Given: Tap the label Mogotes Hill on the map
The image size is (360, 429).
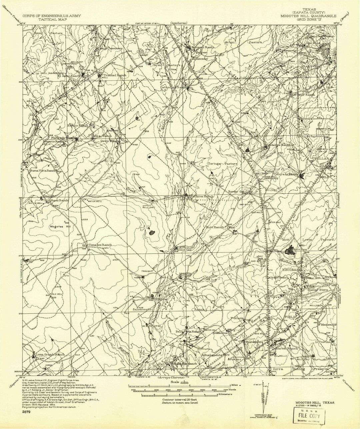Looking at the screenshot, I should tap(60, 226).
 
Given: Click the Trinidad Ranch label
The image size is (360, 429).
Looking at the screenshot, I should tap(114, 75).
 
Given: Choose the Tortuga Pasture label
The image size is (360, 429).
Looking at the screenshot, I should tap(223, 164).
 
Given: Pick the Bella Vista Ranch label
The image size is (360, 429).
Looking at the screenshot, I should tap(189, 332).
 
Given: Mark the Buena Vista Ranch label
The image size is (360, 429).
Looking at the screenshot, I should tap(42, 171).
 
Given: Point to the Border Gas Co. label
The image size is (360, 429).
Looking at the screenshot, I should tap(239, 192).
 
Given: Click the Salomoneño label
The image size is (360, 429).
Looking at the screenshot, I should tap(142, 309).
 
